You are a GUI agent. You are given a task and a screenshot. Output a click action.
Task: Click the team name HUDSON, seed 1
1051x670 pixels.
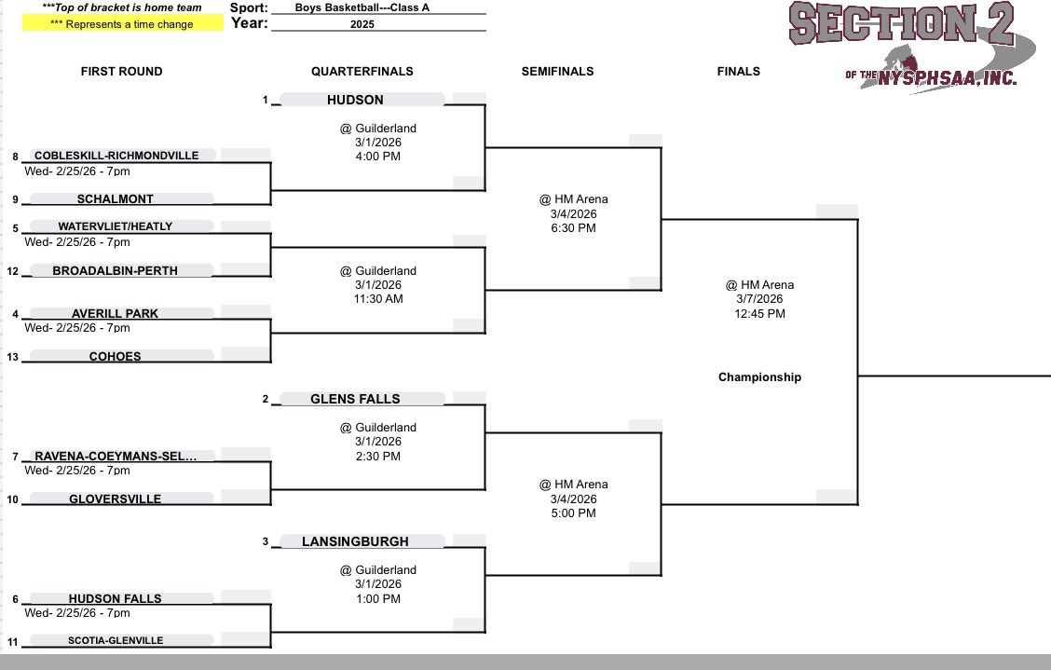click(355, 100)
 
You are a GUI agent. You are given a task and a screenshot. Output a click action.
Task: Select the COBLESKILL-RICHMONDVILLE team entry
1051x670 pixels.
click(116, 156)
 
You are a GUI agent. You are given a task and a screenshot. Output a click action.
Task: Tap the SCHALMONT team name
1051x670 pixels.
click(116, 198)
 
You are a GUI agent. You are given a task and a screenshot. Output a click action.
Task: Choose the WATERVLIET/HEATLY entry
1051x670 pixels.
click(115, 226)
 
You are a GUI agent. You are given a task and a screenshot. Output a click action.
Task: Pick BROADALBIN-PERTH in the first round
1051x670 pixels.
click(116, 270)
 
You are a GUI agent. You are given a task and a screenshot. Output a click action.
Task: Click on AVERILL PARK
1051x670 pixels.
click(115, 313)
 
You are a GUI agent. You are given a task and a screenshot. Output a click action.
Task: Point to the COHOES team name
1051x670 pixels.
click(116, 356)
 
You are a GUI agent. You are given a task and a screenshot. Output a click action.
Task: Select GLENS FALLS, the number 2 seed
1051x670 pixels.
click(355, 399)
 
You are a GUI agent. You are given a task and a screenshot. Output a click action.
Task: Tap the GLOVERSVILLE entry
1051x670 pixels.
click(116, 499)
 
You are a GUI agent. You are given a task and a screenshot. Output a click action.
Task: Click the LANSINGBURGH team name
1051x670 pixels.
click(355, 541)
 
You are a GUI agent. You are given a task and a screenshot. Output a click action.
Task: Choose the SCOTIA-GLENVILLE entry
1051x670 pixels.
click(116, 640)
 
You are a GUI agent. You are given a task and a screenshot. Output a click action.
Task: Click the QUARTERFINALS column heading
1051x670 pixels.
click(362, 72)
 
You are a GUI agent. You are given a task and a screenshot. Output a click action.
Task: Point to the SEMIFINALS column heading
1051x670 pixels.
click(557, 72)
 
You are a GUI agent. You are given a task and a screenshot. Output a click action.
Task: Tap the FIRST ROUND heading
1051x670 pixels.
click(121, 72)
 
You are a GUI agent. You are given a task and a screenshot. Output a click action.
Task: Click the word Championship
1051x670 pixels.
click(759, 377)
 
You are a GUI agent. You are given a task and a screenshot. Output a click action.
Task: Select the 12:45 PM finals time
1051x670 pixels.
click(759, 314)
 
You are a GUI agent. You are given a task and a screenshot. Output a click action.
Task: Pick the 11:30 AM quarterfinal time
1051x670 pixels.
click(377, 299)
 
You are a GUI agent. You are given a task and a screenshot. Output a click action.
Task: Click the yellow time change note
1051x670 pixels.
click(122, 24)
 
